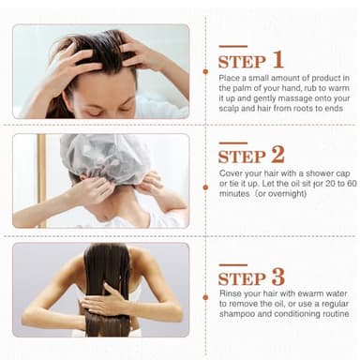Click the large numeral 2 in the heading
pyautogui.click(x=277, y=155)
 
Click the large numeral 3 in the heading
pyautogui.click(x=277, y=277)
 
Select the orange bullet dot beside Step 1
pyautogui.click(x=205, y=70)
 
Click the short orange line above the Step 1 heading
pyautogui.click(x=232, y=46)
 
